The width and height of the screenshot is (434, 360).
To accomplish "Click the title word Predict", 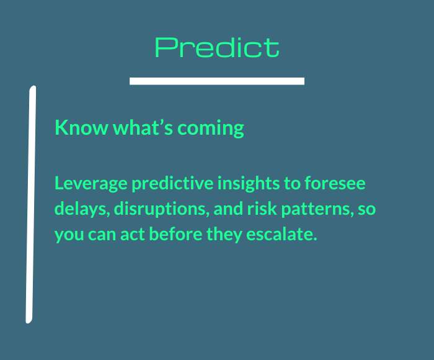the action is (x=217, y=47).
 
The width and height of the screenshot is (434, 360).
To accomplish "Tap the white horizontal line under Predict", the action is (x=217, y=81).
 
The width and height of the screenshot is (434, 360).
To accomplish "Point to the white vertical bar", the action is (x=31, y=205).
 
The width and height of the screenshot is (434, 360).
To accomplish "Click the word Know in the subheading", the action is (x=81, y=127).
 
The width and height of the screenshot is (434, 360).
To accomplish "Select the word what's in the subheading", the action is (x=143, y=127).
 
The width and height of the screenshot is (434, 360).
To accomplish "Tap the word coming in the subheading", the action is (x=211, y=128).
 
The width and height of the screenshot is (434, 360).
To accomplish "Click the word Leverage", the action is (x=91, y=184).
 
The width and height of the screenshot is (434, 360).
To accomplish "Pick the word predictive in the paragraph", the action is (x=172, y=184).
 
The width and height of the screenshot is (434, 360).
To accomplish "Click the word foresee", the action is (x=335, y=183).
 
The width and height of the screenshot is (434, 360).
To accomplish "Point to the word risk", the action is (x=262, y=209).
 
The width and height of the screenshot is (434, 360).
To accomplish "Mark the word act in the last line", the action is (x=133, y=235).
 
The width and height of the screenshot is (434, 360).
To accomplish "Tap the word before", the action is (x=175, y=234).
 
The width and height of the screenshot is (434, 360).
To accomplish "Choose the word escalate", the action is (x=281, y=234).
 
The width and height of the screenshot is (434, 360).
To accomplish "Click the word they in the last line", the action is (x=224, y=235).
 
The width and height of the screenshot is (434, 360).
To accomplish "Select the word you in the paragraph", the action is (x=69, y=236).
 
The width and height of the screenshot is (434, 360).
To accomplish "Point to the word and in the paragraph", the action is (x=228, y=209).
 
